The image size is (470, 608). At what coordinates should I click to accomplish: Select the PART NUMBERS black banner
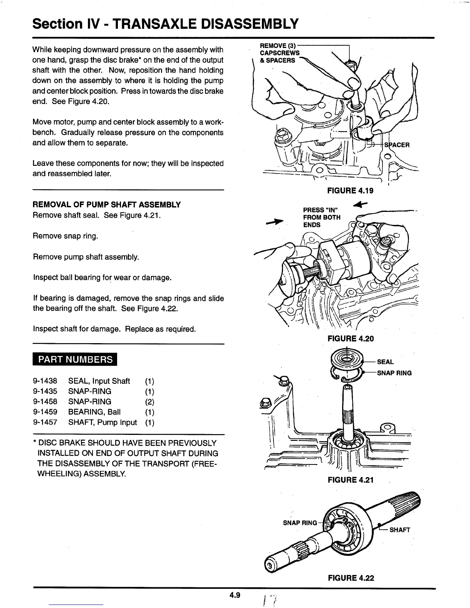75,359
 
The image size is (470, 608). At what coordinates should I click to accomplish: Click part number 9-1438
45,381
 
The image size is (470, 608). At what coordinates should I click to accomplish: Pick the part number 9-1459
45,412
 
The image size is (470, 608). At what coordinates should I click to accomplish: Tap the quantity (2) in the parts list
150,402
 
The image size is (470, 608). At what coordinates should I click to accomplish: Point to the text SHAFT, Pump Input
103,423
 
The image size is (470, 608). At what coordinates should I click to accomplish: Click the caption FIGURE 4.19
350,191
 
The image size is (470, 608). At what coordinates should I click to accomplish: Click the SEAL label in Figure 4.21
385,362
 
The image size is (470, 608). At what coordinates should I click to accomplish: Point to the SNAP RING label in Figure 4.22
300,523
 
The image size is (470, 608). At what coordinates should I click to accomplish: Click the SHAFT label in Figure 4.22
400,530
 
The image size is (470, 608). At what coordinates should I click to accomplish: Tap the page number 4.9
235,595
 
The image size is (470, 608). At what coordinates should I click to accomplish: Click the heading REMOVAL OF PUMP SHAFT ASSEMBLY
107,205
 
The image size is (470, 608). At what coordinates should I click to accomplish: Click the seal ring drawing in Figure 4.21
346,361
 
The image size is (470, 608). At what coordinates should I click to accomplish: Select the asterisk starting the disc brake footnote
35,443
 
